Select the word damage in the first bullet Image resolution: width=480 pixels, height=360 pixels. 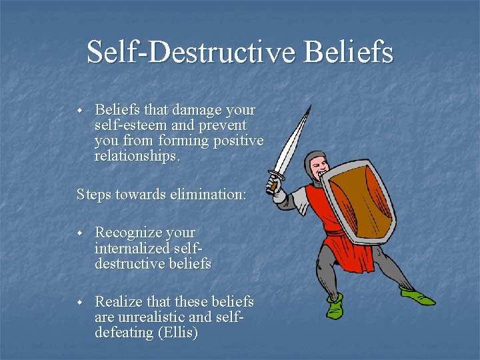tap(199, 109)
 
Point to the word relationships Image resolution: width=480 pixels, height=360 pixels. tap(137, 157)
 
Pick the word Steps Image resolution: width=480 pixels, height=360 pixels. tap(94, 195)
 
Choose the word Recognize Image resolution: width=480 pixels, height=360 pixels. tap(128, 233)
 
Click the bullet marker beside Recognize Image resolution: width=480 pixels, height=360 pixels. tap(79, 233)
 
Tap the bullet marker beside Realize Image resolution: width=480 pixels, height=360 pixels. tap(79, 303)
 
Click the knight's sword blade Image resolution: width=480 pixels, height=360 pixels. tap(292, 137)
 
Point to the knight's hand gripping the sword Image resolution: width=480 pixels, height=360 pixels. tap(273, 181)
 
